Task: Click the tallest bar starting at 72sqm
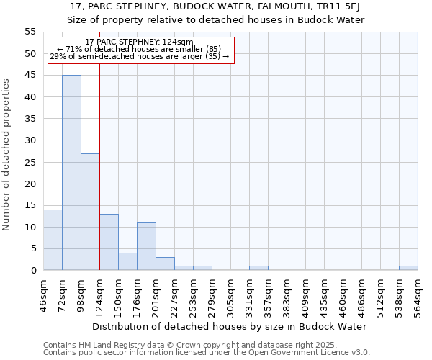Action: pyautogui.click(x=71, y=173)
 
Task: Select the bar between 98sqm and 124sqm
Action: pyautogui.click(x=90, y=212)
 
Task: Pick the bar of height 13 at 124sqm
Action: pyautogui.click(x=109, y=242)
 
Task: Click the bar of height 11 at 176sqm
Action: pyautogui.click(x=146, y=246)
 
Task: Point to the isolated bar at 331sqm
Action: pyautogui.click(x=258, y=268)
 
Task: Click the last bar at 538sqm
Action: pyautogui.click(x=408, y=268)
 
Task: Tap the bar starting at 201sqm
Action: pyautogui.click(x=165, y=264)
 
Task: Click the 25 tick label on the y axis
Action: pyautogui.click(x=30, y=162)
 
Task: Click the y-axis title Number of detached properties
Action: pyautogui.click(x=7, y=155)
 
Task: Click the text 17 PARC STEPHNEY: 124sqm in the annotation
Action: pyautogui.click(x=139, y=42)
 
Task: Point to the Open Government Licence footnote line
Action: pyautogui.click(x=207, y=353)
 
